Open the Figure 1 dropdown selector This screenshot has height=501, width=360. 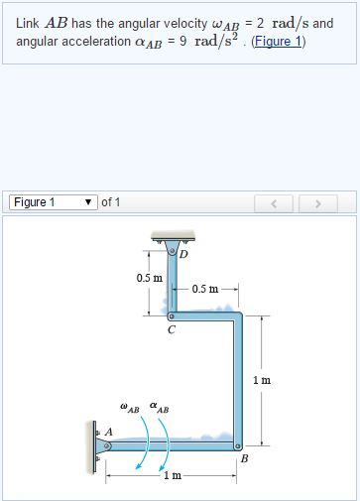54,202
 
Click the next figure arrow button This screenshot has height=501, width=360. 318,203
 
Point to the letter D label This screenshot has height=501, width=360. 182,254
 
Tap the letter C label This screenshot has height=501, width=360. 171,331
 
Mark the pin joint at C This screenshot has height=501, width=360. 172,316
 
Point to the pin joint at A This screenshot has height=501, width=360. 108,446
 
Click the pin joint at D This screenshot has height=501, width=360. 171,252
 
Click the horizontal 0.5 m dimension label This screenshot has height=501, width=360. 206,289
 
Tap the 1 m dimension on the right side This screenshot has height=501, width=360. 262,380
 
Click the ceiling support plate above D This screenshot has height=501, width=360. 171,236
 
